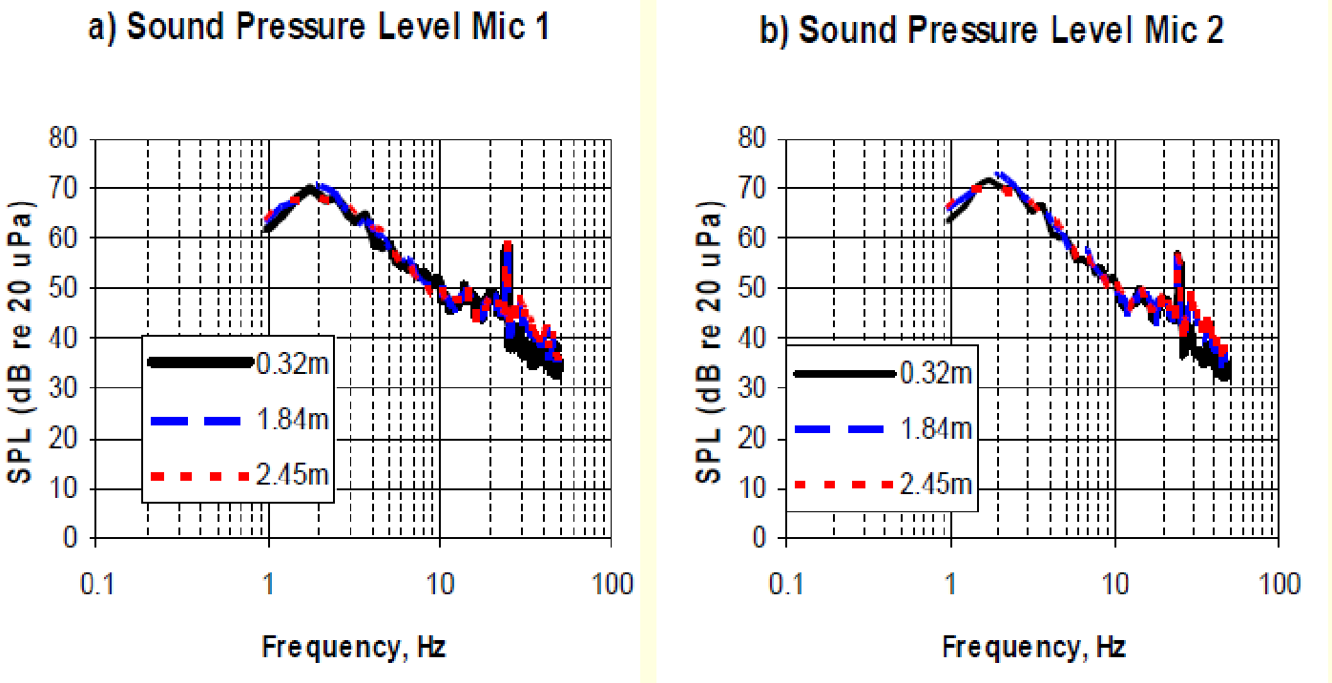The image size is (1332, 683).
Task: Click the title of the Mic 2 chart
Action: pyautogui.click(x=991, y=30)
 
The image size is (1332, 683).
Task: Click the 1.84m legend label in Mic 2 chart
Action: pyautogui.click(x=936, y=429)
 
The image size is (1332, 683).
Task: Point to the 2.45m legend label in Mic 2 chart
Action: pyautogui.click(x=936, y=485)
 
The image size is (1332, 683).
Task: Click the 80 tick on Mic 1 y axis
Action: pyautogui.click(x=69, y=139)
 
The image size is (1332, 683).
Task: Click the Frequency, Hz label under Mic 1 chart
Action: pyautogui.click(x=353, y=648)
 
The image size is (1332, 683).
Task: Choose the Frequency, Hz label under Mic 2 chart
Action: pyautogui.click(x=1033, y=648)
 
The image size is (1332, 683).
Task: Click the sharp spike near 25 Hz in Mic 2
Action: pyautogui.click(x=1178, y=258)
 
